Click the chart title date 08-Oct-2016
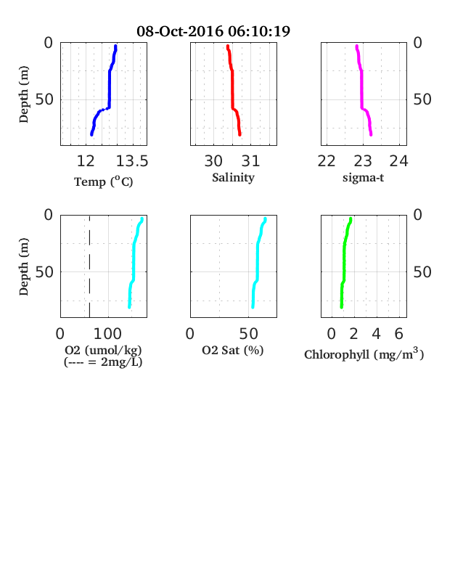pyautogui.click(x=180, y=31)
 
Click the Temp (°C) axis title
pyautogui.click(x=104, y=181)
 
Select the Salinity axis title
pyautogui.click(x=234, y=178)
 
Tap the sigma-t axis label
pyautogui.click(x=363, y=178)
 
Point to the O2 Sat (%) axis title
pyautogui.click(x=233, y=350)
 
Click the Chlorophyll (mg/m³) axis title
pyautogui.click(x=364, y=354)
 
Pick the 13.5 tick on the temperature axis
pyautogui.click(x=132, y=161)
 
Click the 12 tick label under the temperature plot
pyautogui.click(x=86, y=161)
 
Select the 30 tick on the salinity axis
pyautogui.click(x=213, y=161)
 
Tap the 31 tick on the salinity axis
pyautogui.click(x=250, y=161)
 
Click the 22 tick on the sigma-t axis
pyautogui.click(x=327, y=161)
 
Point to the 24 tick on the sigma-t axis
pyautogui.click(x=399, y=161)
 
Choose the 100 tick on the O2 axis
pyautogui.click(x=107, y=334)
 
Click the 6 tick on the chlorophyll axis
pyautogui.click(x=399, y=334)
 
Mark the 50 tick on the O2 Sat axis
pyautogui.click(x=249, y=334)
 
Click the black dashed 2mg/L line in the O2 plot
pyautogui.click(x=90, y=266)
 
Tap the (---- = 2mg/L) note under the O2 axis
pyautogui.click(x=103, y=362)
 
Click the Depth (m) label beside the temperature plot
pyautogui.click(x=23, y=94)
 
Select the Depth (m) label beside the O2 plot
pyautogui.click(x=23, y=266)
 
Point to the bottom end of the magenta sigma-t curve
pyautogui.click(x=371, y=134)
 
